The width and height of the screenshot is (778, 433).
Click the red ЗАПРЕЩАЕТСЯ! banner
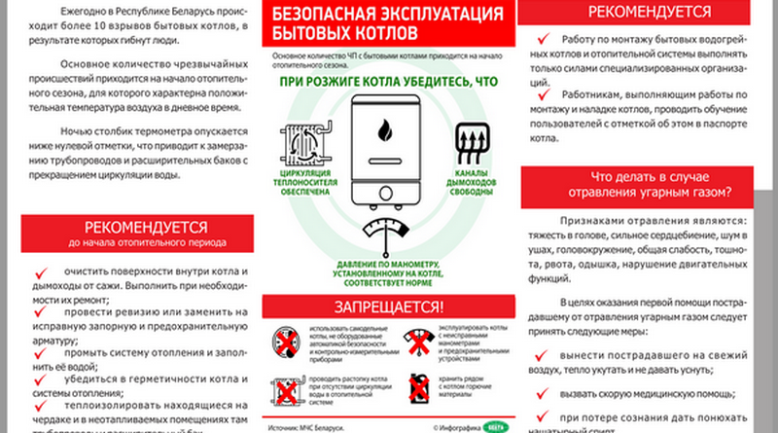[x=388, y=307]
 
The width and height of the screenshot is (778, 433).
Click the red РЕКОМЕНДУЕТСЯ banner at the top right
[x=649, y=13]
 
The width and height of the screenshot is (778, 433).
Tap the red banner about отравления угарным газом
[x=649, y=183]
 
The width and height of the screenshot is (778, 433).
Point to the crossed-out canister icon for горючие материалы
[x=418, y=388]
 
